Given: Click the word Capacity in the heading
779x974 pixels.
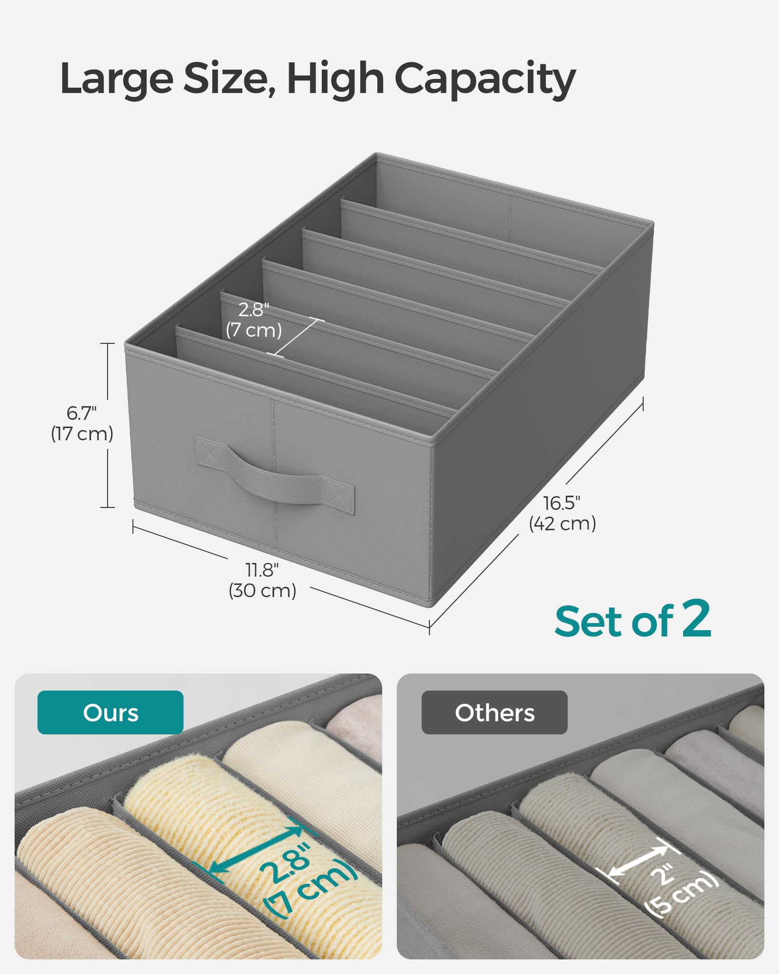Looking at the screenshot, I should (x=485, y=79).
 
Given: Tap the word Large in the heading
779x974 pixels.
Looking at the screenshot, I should (x=116, y=79).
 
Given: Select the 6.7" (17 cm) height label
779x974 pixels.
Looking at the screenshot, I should (x=82, y=424).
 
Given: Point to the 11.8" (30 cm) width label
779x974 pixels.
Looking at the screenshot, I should (x=262, y=580).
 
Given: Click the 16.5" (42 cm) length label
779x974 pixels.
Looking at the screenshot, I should (x=562, y=513).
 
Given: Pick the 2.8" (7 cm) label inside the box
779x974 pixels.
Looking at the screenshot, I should (x=254, y=320).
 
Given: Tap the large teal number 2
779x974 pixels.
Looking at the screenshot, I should (x=696, y=618).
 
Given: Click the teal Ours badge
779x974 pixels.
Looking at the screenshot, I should (x=111, y=712).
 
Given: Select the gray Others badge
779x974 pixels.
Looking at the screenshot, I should (x=494, y=712).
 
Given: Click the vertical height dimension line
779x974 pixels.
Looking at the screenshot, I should (x=108, y=370).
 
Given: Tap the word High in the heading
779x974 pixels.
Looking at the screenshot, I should (x=335, y=79).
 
